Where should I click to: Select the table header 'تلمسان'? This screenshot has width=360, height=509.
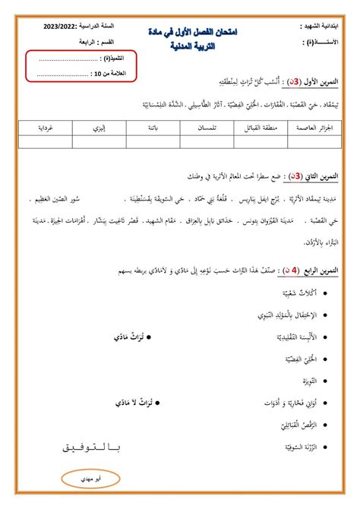(x=204, y=127)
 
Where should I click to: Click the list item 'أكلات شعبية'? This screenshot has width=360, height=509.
(x=286, y=292)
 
